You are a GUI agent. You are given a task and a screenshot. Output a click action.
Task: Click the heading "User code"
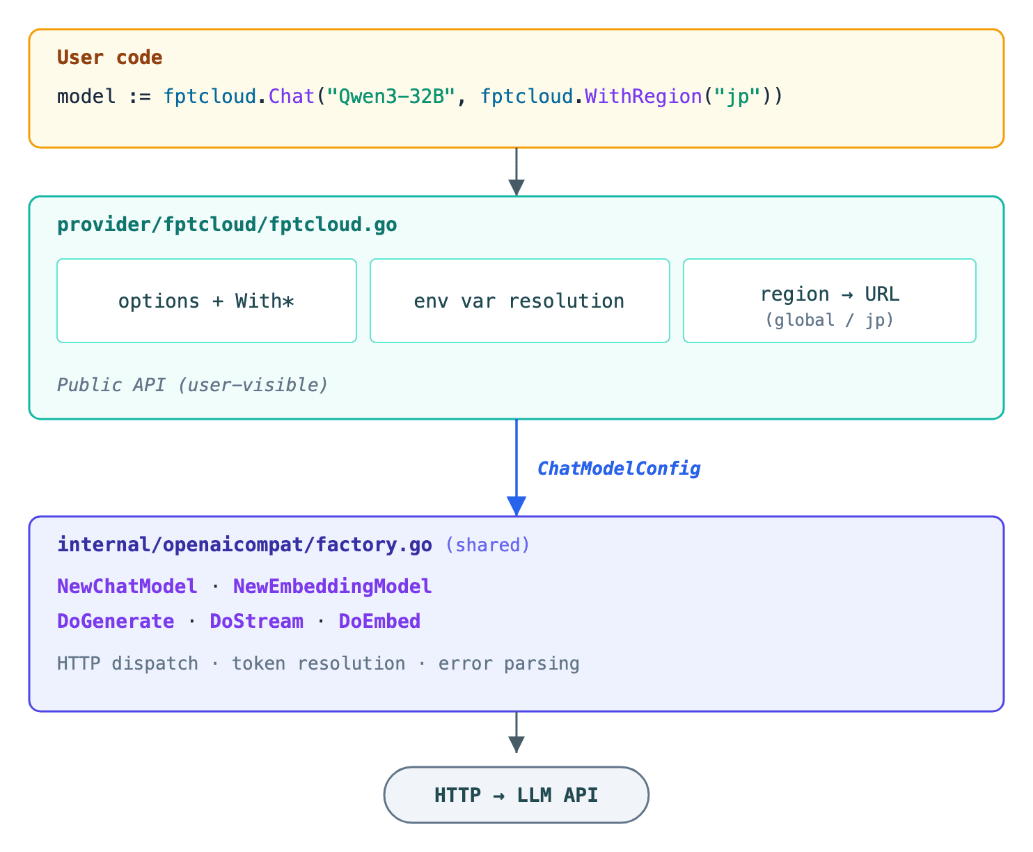click(110, 58)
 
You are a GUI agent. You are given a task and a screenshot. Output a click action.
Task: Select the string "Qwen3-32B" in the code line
click(391, 96)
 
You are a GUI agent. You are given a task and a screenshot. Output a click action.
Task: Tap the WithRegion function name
click(643, 96)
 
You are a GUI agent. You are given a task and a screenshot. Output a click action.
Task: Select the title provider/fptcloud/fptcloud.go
click(227, 225)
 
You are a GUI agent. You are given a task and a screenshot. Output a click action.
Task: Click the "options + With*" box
click(207, 301)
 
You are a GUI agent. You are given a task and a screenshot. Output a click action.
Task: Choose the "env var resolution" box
click(519, 301)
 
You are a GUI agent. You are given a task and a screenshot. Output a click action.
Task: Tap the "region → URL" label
click(830, 294)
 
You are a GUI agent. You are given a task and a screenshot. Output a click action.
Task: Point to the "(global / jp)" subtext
click(830, 320)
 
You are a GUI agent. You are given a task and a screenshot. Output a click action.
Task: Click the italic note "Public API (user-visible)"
click(192, 385)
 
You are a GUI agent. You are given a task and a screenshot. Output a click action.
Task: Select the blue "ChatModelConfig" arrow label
click(619, 468)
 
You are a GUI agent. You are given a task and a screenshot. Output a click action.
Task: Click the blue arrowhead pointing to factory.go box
click(516, 505)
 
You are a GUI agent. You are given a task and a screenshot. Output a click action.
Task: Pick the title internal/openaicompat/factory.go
click(244, 544)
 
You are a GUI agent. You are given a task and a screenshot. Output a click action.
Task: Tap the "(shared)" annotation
click(487, 544)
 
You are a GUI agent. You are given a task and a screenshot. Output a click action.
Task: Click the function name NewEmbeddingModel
click(332, 586)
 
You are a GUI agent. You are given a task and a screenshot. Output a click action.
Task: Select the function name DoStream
click(256, 621)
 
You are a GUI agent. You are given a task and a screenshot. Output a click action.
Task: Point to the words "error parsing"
click(509, 663)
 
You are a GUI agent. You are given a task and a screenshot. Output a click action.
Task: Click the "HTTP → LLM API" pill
click(516, 795)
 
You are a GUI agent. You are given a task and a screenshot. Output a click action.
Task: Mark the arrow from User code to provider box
click(516, 171)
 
